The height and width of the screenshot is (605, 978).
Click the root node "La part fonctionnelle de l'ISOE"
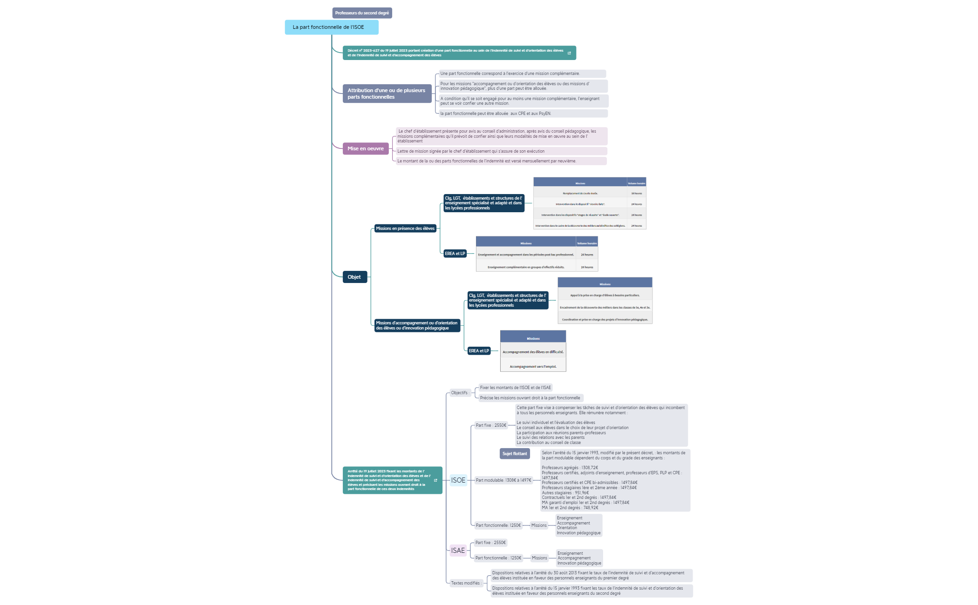(x=331, y=27)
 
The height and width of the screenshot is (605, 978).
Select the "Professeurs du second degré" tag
(x=362, y=13)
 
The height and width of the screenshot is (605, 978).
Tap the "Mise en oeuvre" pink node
(x=366, y=149)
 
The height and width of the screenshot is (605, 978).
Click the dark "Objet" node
(x=354, y=277)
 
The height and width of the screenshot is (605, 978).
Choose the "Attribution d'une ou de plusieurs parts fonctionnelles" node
(x=387, y=94)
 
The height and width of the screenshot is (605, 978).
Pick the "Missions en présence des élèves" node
(x=405, y=229)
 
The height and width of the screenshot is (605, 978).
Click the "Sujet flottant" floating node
(x=515, y=454)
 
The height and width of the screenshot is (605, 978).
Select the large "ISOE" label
(x=458, y=480)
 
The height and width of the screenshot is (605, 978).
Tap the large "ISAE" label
(x=458, y=551)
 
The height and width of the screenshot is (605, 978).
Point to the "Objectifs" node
(x=460, y=393)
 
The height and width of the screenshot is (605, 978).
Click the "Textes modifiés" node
(x=466, y=583)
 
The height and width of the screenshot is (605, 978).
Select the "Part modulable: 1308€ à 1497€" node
(x=503, y=480)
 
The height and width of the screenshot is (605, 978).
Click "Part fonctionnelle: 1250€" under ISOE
(x=498, y=525)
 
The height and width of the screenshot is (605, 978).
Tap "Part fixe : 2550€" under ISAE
(x=490, y=543)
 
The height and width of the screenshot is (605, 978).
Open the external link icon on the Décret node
(x=569, y=53)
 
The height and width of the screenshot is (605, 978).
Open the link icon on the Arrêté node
(x=435, y=480)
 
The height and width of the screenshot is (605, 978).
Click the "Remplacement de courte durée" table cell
(x=580, y=194)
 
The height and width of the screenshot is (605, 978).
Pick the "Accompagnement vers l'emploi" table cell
(x=533, y=367)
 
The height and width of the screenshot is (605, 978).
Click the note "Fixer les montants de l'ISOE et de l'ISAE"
(x=515, y=388)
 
